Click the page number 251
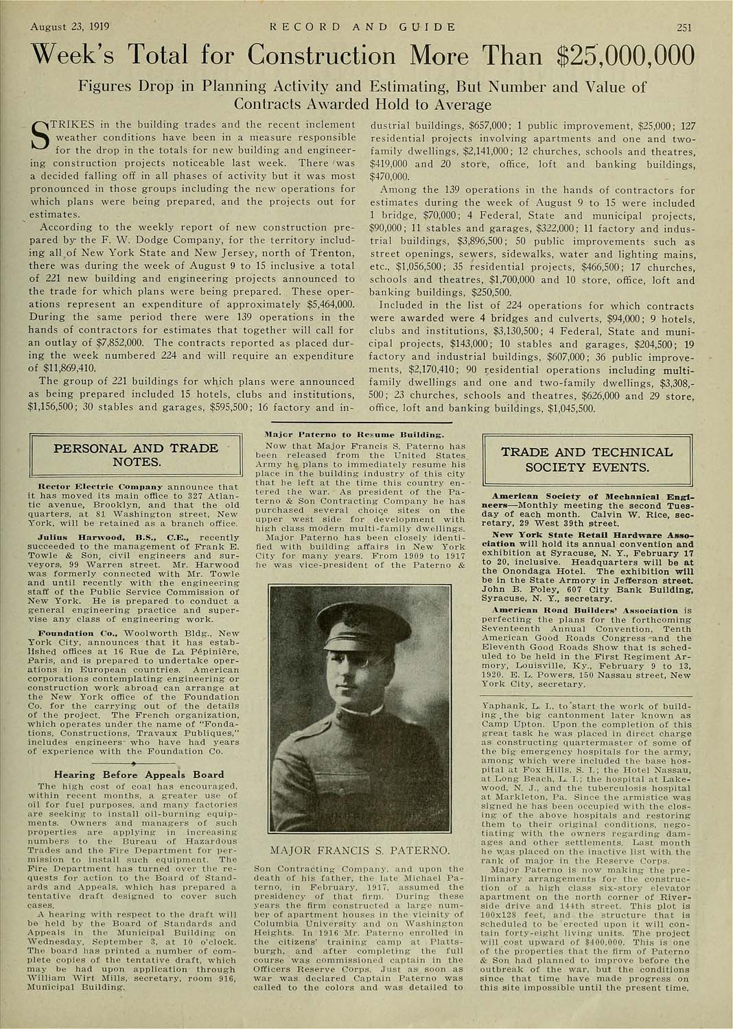point(684,27)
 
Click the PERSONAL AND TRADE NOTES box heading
point(136,455)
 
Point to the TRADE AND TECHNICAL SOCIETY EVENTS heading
point(587,460)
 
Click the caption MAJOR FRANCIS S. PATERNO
point(360,851)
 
